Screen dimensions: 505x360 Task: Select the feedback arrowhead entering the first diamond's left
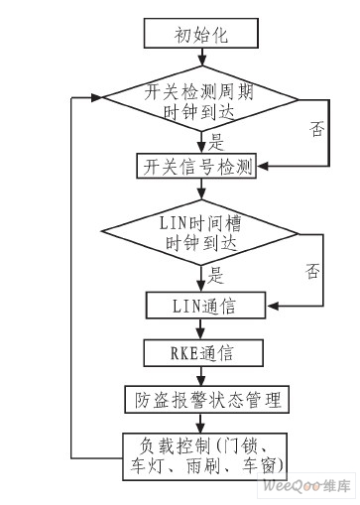(x=98, y=98)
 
